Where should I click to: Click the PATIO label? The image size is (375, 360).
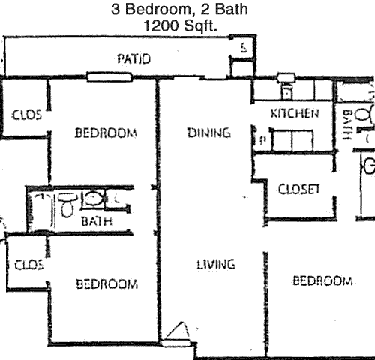pyautogui.click(x=134, y=59)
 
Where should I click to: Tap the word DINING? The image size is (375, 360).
pyautogui.click(x=209, y=133)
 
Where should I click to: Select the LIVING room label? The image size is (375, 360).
pyautogui.click(x=216, y=264)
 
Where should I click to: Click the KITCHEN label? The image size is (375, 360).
pyautogui.click(x=295, y=113)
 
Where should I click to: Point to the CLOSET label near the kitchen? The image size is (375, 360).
pyautogui.click(x=299, y=189)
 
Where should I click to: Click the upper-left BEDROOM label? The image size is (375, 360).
pyautogui.click(x=106, y=133)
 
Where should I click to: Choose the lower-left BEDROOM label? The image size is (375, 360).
pyautogui.click(x=106, y=284)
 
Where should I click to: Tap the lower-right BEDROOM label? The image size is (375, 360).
pyautogui.click(x=322, y=280)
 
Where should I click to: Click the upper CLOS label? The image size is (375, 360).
pyautogui.click(x=27, y=115)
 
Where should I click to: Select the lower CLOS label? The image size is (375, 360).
pyautogui.click(x=29, y=265)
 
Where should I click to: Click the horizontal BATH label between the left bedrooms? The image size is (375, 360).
pyautogui.click(x=97, y=221)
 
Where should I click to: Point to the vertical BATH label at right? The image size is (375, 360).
pyautogui.click(x=347, y=124)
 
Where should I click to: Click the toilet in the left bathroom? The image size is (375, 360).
pyautogui.click(x=67, y=205)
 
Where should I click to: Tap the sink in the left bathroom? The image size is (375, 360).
pyautogui.click(x=93, y=199)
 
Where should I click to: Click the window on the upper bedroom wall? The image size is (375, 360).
pyautogui.click(x=109, y=76)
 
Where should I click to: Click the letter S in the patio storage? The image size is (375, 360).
pyautogui.click(x=244, y=48)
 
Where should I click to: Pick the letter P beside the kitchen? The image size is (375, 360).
pyautogui.click(x=262, y=140)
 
